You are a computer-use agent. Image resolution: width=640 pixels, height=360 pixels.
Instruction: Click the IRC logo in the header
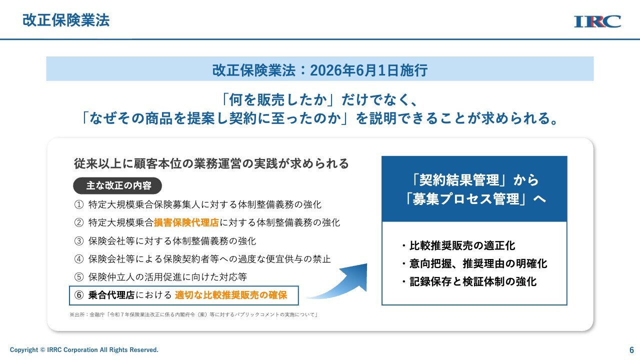tap(597, 21)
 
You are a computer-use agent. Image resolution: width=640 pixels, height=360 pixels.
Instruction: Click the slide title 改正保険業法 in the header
tap(66, 20)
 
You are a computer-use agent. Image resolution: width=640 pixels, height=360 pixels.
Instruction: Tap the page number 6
tap(631, 350)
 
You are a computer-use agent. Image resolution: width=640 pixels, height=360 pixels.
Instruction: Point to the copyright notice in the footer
tap(84, 349)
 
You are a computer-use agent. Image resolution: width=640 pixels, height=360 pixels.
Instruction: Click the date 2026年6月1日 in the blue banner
tap(354, 70)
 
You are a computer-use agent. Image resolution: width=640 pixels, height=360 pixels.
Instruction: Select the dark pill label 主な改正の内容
tap(117, 185)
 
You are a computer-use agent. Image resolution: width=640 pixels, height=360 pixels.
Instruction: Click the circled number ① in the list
tap(79, 204)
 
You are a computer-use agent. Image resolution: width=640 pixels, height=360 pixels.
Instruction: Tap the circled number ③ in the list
tap(79, 241)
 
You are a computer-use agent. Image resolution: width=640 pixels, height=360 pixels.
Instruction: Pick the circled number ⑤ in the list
tap(79, 277)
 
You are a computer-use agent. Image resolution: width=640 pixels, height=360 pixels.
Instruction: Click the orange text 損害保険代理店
tap(186, 222)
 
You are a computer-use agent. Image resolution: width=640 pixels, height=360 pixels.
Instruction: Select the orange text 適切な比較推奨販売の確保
tap(231, 295)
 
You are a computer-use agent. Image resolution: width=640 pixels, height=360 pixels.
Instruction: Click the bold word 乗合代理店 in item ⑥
tap(111, 295)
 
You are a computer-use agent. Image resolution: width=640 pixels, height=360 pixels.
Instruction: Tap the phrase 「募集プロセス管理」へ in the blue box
tap(475, 199)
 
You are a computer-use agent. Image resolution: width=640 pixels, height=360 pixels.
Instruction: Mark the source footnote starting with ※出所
tap(193, 314)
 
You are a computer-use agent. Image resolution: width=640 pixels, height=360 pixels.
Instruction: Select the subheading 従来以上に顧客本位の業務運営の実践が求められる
tap(211, 163)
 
